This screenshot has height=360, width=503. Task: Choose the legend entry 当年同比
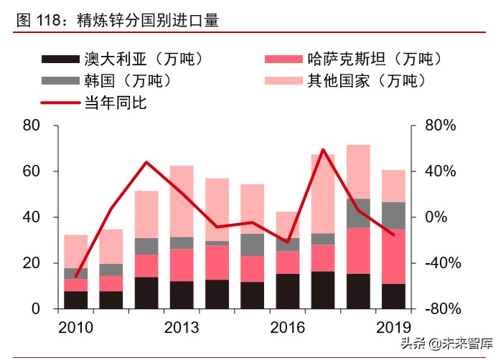(x=116, y=103)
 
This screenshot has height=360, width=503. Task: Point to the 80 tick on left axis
(x=32, y=126)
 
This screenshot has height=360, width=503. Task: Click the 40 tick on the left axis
(x=32, y=217)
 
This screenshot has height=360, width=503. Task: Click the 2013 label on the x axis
(x=182, y=328)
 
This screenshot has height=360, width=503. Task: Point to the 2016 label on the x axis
(x=287, y=328)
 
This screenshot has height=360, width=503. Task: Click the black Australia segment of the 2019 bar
(x=393, y=296)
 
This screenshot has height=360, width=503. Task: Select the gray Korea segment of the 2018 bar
(x=358, y=213)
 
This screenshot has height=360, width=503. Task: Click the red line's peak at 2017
(x=323, y=150)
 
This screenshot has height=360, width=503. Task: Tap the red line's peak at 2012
(x=146, y=162)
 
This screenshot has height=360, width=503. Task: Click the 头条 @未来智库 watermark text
(x=446, y=343)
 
